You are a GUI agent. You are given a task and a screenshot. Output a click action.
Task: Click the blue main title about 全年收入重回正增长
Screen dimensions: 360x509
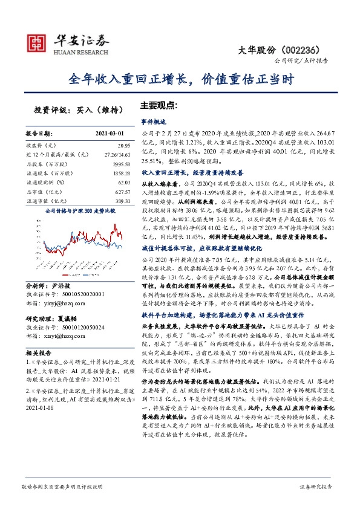[x=180, y=79]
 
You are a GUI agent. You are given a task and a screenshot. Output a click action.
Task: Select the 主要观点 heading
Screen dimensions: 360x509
[x=159, y=104]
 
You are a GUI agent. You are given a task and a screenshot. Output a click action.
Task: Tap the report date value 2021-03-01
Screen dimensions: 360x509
[x=109, y=132]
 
